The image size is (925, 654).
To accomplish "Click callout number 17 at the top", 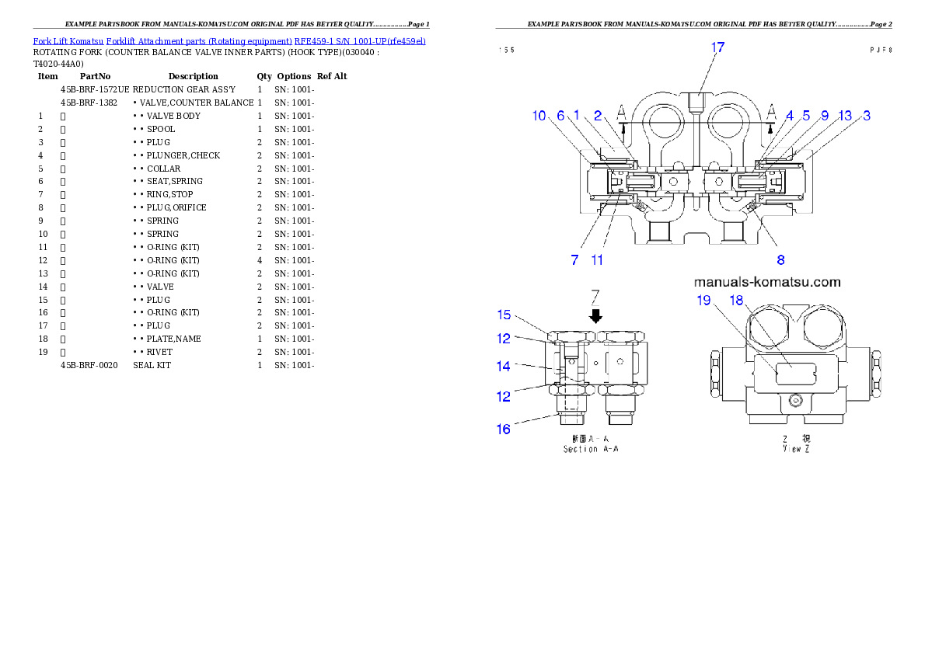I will [717, 47].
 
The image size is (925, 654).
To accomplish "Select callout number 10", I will [539, 116].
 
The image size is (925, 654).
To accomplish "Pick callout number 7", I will [574, 260].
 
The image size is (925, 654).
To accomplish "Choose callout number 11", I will [597, 260].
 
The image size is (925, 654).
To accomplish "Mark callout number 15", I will [504, 315].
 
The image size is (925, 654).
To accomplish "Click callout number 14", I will [504, 364].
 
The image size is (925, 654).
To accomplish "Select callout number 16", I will [504, 428].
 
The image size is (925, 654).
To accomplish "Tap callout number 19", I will [703, 301].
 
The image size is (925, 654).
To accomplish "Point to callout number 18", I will [736, 301].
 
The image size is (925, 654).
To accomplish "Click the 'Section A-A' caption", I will [592, 449].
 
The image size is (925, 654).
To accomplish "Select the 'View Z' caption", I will [796, 449].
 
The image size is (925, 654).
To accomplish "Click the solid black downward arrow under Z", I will [595, 315].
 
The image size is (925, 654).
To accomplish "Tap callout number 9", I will [825, 116].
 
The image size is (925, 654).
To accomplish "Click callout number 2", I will [598, 116].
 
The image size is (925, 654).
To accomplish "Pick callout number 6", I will [560, 116].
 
